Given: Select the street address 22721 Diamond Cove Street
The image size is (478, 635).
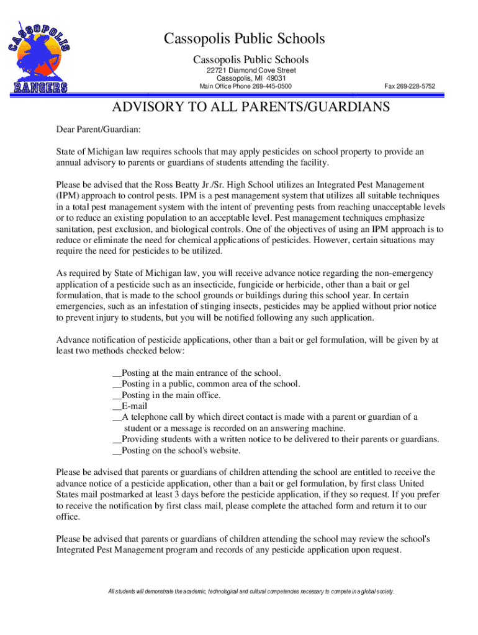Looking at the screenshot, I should (251, 71).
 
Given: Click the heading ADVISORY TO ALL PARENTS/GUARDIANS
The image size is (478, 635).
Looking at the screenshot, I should (251, 107).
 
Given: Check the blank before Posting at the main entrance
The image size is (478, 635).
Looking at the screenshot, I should (117, 373).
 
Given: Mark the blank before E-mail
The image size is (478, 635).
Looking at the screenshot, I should (117, 406).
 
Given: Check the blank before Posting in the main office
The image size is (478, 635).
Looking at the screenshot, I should (117, 395).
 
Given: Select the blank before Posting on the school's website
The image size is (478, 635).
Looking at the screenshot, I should (117, 451).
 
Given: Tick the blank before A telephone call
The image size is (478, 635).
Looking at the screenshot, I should (117, 417).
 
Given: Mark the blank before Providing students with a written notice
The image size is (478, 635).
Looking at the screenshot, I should (117, 440).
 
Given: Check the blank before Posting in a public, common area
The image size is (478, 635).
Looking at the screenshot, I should (117, 384).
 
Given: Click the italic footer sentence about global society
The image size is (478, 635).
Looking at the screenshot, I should (251, 591).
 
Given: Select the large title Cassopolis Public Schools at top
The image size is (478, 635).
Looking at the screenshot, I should (244, 39).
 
